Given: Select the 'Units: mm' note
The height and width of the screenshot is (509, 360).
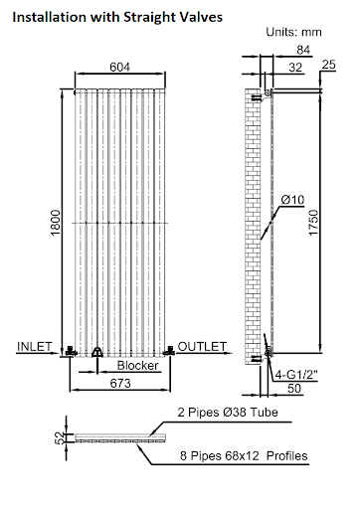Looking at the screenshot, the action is pos(295,32).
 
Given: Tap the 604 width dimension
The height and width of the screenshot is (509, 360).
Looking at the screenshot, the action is pos(119,66).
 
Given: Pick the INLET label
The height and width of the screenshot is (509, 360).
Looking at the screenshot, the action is pos(36,346).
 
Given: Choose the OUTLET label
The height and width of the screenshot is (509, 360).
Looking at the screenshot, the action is pos(203,346).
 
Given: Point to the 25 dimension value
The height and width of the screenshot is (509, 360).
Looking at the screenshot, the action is pos(329,67).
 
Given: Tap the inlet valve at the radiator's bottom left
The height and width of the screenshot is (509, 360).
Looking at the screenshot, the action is pos(70,349).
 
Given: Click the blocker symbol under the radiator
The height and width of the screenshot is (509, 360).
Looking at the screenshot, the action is pos(96,351).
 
